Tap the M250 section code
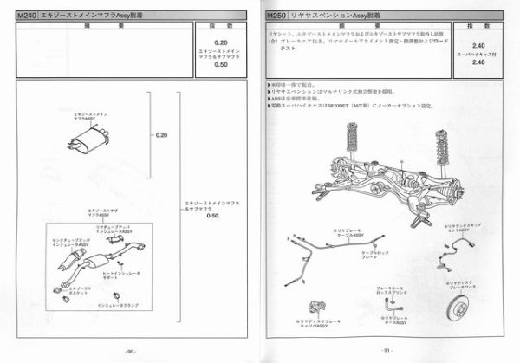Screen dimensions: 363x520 [x=277, y=16]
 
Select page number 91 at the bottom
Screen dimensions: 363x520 [x=388, y=351]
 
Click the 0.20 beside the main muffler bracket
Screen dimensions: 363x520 [x=161, y=136]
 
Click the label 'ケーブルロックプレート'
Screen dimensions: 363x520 [x=363, y=257]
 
